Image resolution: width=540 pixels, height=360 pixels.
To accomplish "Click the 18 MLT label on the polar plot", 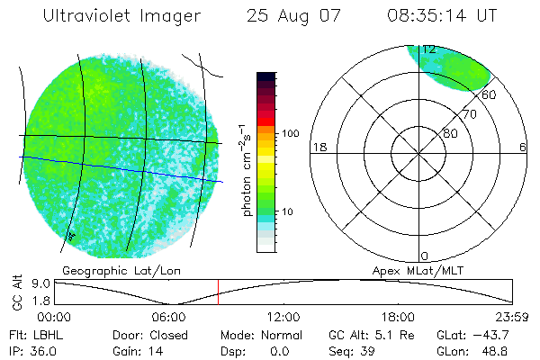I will [318, 147].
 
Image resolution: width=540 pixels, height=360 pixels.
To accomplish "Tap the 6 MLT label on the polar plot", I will [523, 147].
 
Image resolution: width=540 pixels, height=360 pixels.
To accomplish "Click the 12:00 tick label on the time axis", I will [283, 317].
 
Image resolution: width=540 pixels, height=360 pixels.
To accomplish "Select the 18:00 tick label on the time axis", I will [398, 317].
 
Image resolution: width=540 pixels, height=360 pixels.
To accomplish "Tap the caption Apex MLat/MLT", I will [413, 270].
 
